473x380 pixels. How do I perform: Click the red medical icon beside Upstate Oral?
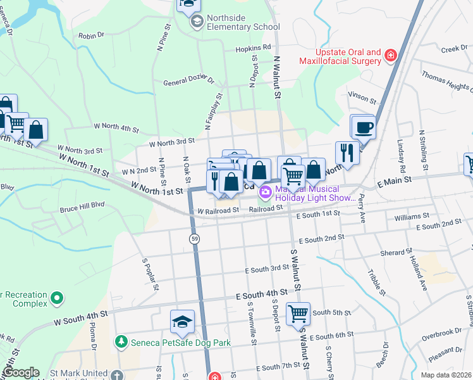(x=391, y=56)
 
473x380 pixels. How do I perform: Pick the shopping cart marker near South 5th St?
(x=298, y=313)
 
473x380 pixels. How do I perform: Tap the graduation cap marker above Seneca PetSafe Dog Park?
(x=182, y=322)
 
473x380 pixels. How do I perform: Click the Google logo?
(x=20, y=372)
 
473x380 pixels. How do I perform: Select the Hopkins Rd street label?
(x=252, y=47)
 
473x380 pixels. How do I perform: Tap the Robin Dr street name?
(x=91, y=36)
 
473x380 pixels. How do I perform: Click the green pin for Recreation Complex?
(x=57, y=297)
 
